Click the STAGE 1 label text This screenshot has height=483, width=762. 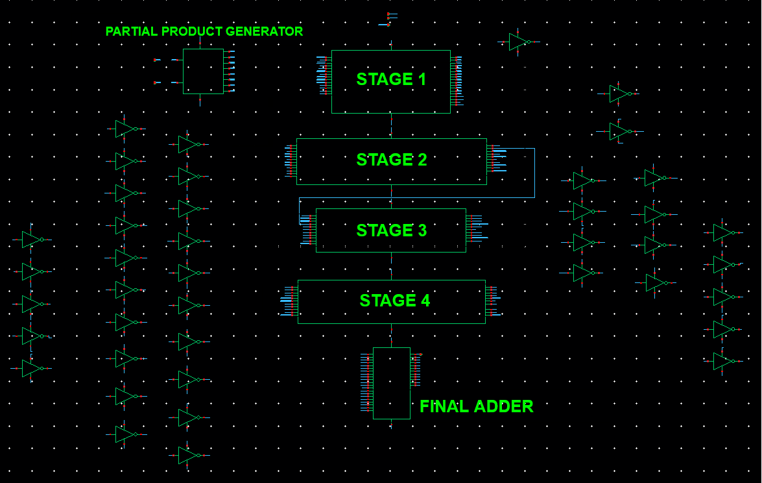[x=391, y=79]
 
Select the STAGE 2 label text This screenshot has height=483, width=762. [x=391, y=160]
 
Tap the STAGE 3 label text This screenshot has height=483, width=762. [x=391, y=230]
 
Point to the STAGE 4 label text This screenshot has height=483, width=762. [x=394, y=301]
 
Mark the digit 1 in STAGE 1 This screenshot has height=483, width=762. [x=422, y=79]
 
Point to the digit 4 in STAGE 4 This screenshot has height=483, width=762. [x=425, y=301]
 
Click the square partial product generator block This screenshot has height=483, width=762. [x=203, y=71]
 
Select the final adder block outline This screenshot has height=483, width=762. [x=391, y=383]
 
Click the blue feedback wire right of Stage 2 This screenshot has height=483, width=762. [x=534, y=173]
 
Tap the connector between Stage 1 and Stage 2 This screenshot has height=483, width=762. [x=391, y=126]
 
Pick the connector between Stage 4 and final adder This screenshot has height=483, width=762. [x=391, y=335]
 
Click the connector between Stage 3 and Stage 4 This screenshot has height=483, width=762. [x=391, y=266]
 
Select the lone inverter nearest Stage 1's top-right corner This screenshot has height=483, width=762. [x=518, y=42]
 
